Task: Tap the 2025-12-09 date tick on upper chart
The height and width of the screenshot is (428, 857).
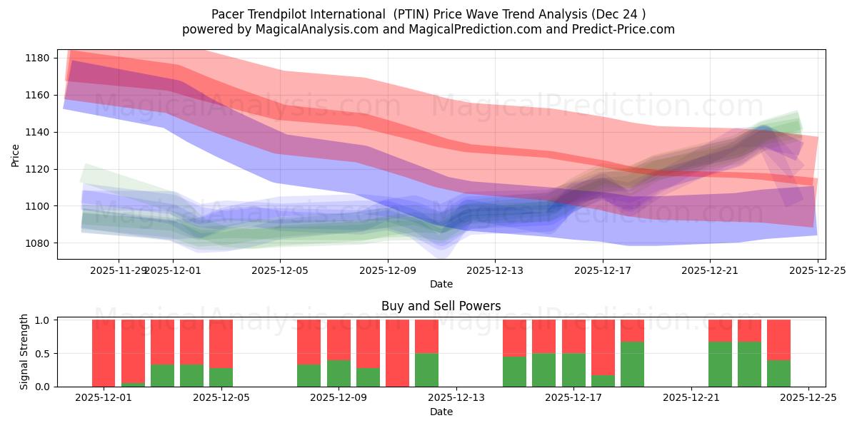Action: click(388, 270)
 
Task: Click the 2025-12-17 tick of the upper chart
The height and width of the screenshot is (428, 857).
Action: click(602, 270)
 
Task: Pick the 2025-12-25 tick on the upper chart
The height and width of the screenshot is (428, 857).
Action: click(817, 270)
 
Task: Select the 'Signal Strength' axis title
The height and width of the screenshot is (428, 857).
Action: click(24, 352)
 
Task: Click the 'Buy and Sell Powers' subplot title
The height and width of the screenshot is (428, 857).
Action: click(441, 306)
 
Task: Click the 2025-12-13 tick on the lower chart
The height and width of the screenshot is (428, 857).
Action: click(456, 398)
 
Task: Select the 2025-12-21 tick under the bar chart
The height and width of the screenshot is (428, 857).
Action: click(691, 398)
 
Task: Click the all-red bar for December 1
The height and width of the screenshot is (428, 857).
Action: click(104, 353)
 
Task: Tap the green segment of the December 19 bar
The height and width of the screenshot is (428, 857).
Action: click(632, 364)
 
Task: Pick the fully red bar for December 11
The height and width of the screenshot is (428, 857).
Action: click(397, 353)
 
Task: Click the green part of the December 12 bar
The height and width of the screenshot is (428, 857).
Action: click(426, 370)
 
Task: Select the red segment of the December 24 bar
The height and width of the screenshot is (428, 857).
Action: click(778, 340)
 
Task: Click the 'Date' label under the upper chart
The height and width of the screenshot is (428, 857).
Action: click(441, 284)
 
